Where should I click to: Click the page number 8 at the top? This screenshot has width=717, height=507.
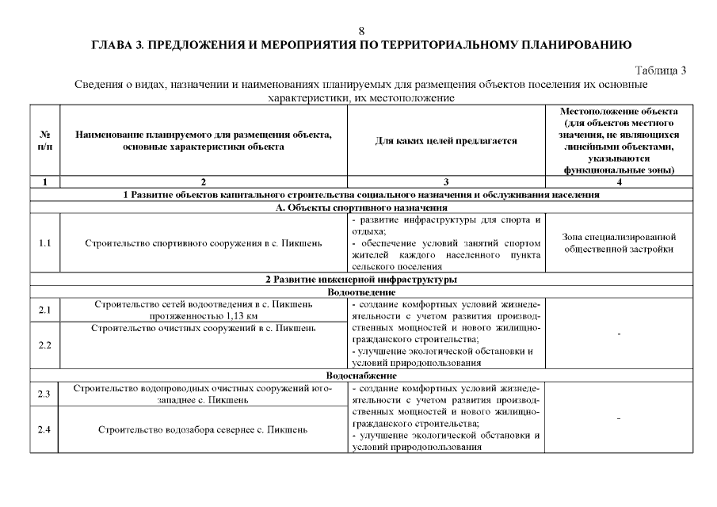[x=361, y=31]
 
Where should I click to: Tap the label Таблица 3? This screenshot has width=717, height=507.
[x=661, y=71]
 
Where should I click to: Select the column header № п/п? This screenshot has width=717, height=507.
[x=44, y=141]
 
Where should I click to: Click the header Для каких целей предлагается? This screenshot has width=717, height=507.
[x=445, y=141]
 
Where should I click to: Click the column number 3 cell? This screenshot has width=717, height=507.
[x=445, y=182]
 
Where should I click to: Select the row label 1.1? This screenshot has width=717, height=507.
[x=44, y=242]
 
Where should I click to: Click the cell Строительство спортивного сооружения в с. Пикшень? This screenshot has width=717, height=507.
[x=204, y=242]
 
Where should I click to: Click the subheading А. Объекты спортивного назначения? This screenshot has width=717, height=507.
[x=361, y=207]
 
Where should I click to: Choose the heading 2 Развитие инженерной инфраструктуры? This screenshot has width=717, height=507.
[x=361, y=280]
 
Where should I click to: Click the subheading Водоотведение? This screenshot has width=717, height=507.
[x=361, y=292]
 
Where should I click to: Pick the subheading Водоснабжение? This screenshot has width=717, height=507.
[x=361, y=374]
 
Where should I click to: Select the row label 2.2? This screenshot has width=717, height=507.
[x=44, y=345]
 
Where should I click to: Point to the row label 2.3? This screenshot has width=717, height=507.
[x=44, y=394]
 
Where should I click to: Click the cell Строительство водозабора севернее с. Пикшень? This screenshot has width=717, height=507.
[x=204, y=430]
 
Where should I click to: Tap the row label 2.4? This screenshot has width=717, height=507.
[x=44, y=430]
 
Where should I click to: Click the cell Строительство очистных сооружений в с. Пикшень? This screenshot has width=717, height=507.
[x=204, y=327]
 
